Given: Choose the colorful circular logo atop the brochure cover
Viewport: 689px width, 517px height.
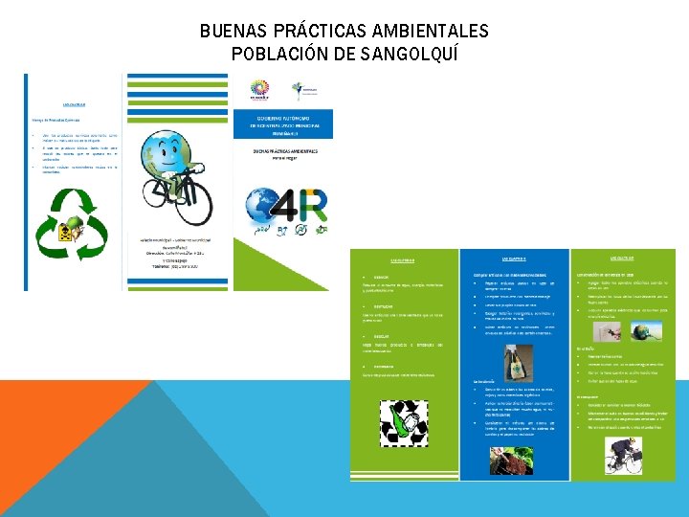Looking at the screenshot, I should coord(260,90).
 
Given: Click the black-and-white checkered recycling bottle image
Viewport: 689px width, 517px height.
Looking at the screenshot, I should coord(404,419).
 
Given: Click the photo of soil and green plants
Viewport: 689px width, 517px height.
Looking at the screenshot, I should coord(514,460).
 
